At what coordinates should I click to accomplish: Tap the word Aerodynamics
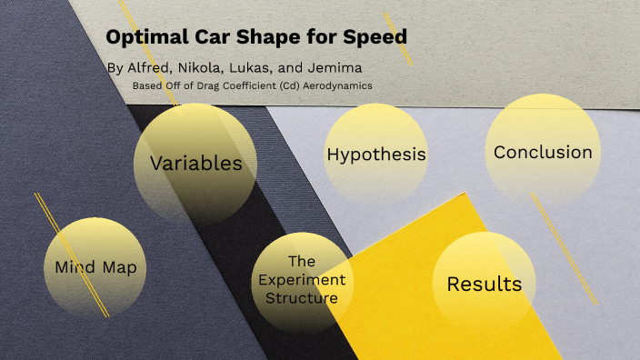[x=336, y=85]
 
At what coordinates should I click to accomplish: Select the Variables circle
[x=195, y=164]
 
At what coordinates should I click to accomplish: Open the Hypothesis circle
[x=376, y=154]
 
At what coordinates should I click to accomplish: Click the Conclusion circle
[x=543, y=152]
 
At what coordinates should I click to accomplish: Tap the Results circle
[x=484, y=284]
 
